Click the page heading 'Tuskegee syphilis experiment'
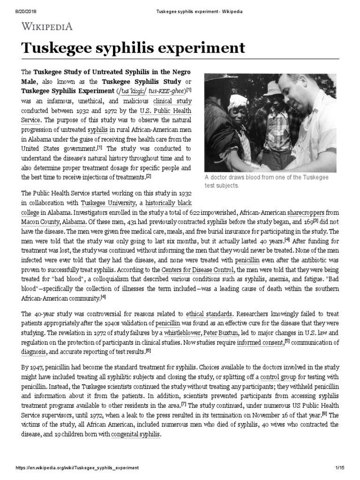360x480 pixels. (133, 48)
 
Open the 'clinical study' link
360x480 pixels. (172, 101)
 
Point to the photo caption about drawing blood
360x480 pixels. (266, 181)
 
